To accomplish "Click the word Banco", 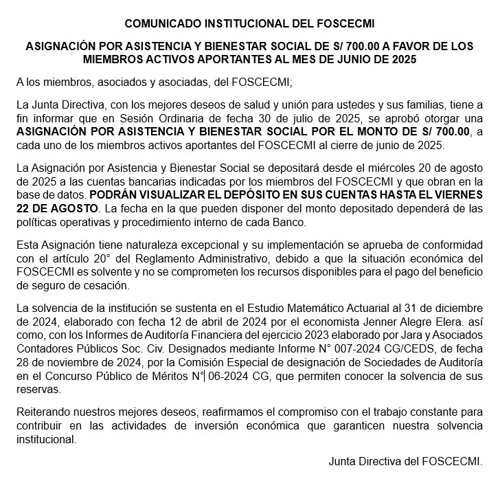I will tap(296, 221).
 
